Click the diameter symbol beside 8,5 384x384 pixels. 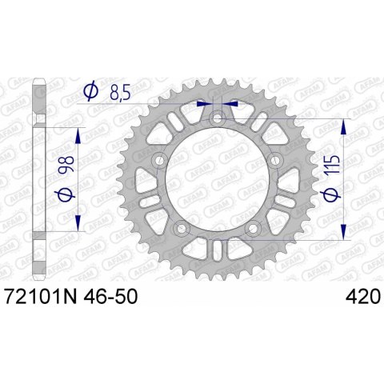click(x=91, y=94)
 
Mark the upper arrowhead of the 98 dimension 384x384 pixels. click(x=78, y=133)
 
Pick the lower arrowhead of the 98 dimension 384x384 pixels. click(x=78, y=222)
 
